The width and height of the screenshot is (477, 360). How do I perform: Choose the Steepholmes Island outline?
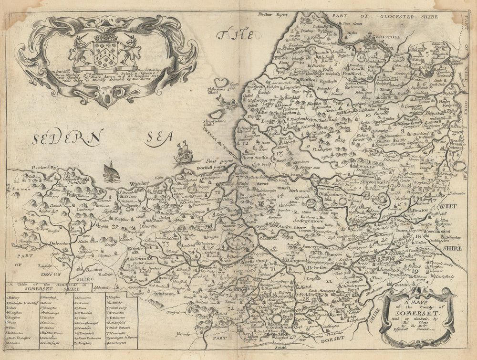tap(217, 115)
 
